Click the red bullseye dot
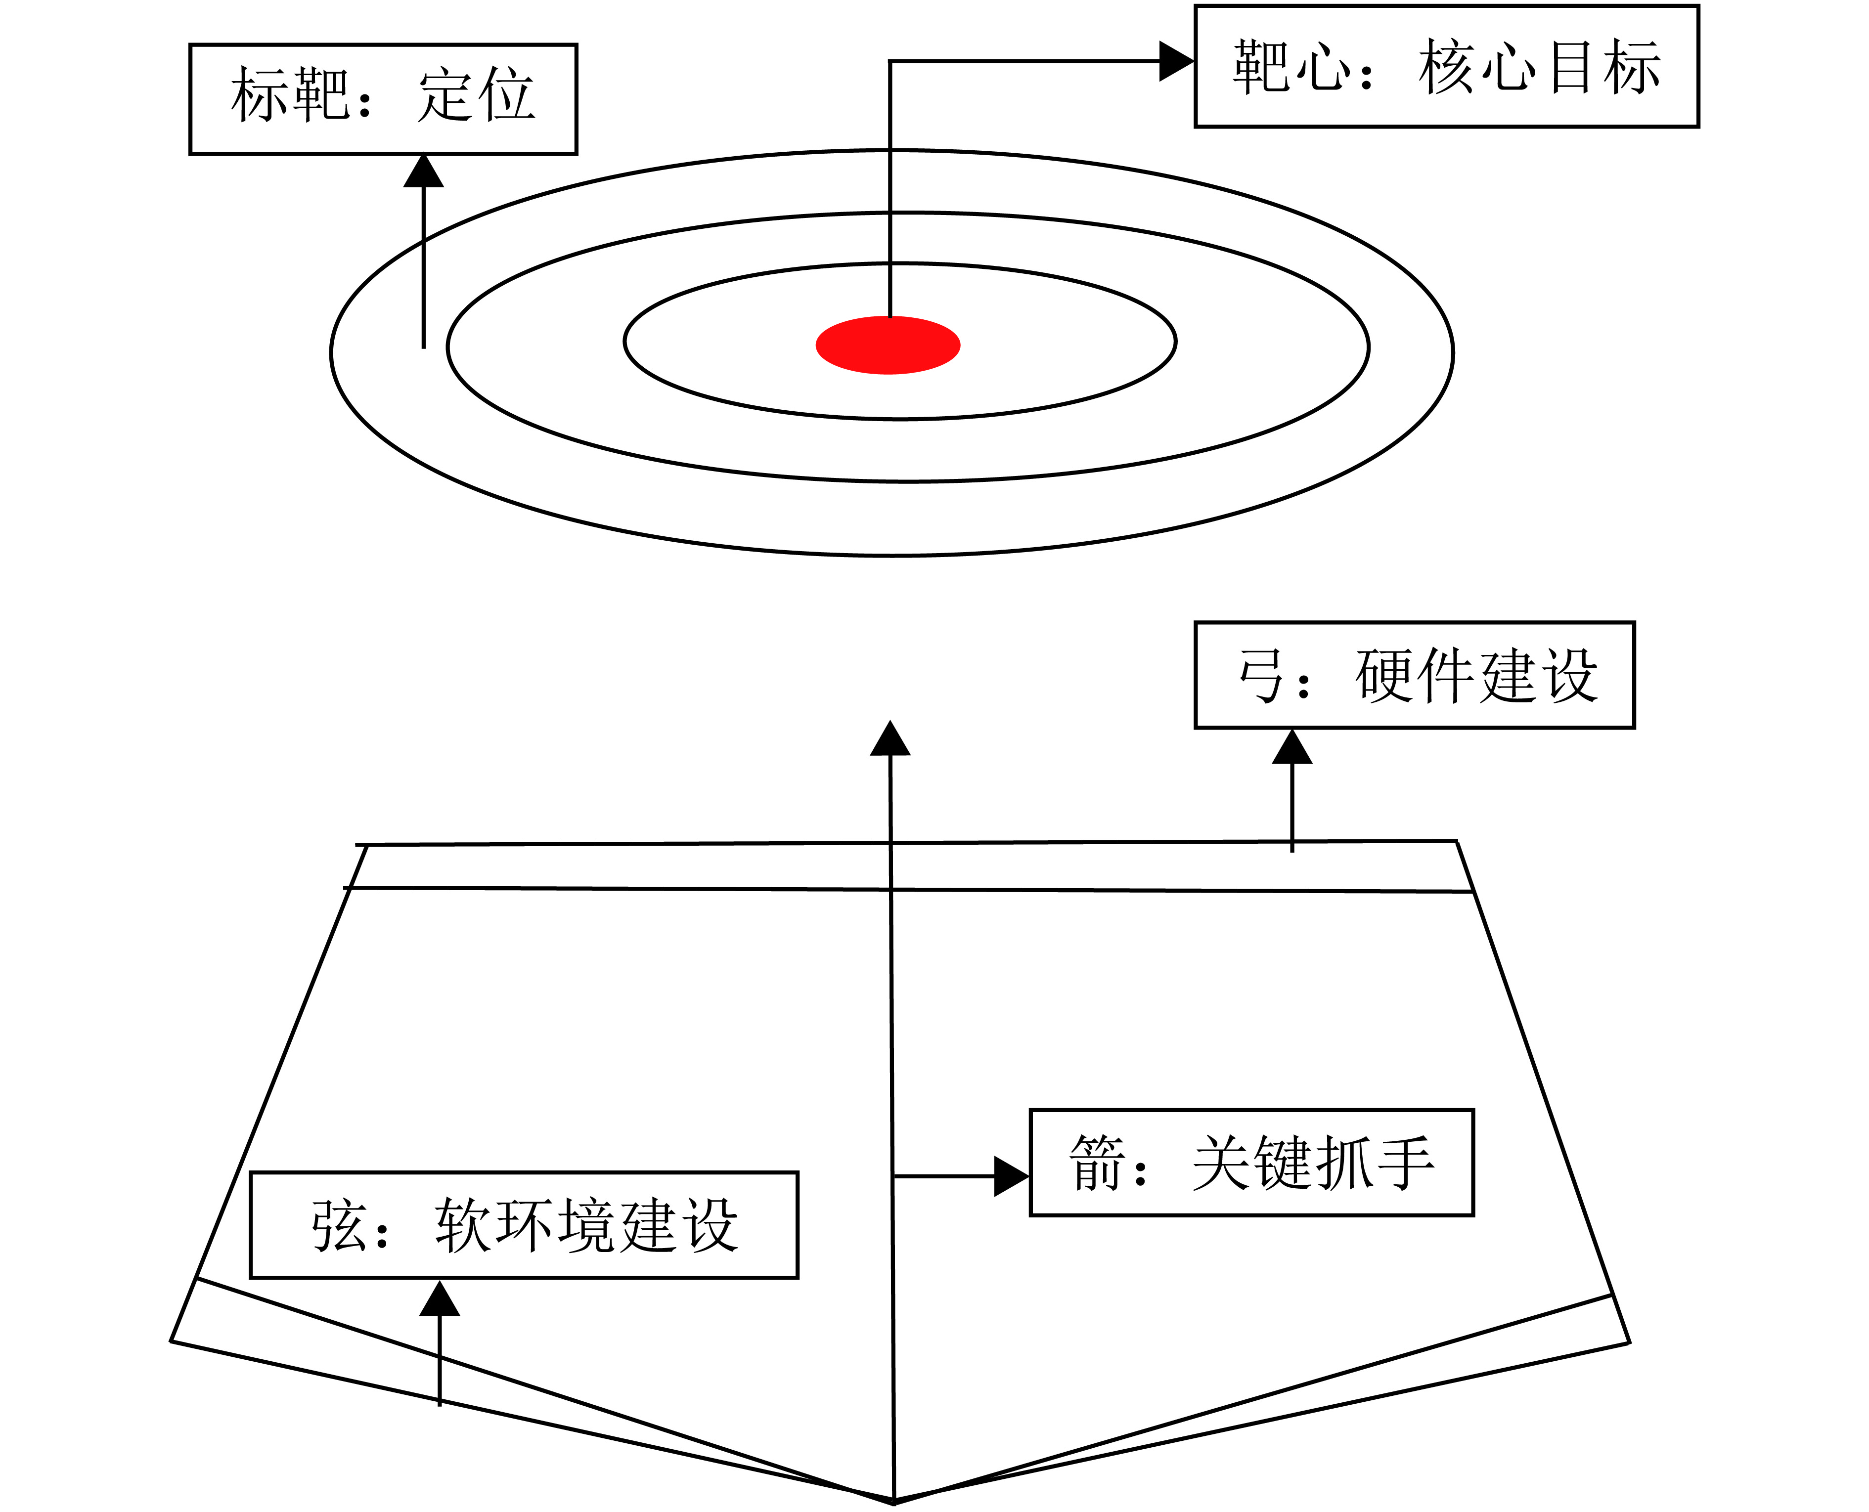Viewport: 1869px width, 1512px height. click(x=888, y=345)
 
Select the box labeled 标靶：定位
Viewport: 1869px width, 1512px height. click(x=383, y=99)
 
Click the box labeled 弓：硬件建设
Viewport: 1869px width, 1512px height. click(x=1414, y=675)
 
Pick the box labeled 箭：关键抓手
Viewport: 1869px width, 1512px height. click(x=1251, y=1163)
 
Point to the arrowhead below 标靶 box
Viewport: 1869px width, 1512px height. click(x=423, y=172)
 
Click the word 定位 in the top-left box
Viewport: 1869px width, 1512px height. click(x=476, y=96)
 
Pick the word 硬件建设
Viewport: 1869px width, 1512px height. click(x=1477, y=676)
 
